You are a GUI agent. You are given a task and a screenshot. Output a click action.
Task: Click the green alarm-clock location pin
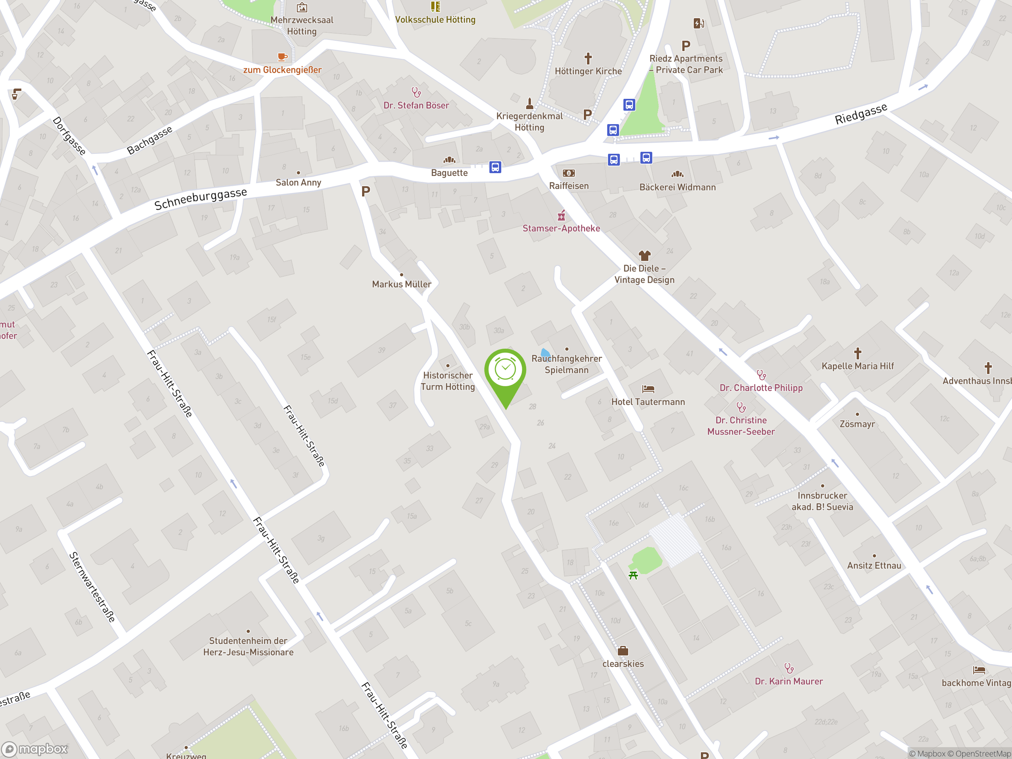tap(505, 370)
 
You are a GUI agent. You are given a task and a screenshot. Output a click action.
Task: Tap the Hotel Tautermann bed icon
tap(648, 389)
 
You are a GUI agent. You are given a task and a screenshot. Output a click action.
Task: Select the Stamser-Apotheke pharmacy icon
tap(561, 215)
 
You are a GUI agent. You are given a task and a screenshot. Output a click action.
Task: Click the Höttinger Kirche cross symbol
tap(588, 58)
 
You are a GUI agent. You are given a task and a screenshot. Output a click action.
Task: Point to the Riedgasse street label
tap(861, 114)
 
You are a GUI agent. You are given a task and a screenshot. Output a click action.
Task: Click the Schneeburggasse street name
tap(200, 198)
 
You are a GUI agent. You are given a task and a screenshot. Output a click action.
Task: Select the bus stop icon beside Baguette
tap(495, 167)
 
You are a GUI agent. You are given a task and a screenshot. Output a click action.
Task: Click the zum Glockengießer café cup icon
tap(282, 57)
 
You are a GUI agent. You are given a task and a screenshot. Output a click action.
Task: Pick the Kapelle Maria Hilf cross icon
tap(857, 353)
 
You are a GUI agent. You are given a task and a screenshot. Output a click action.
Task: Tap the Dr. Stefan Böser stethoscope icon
tap(416, 93)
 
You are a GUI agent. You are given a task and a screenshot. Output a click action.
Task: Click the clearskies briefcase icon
tap(623, 651)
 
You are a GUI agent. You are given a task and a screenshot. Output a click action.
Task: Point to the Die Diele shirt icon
tap(644, 255)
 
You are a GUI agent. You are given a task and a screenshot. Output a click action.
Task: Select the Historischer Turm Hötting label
tap(447, 381)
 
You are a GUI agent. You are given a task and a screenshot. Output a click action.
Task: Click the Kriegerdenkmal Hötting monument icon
tap(529, 103)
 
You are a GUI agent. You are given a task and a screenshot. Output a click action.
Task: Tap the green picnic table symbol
tap(633, 575)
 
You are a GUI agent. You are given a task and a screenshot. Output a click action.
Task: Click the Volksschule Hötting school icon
tap(435, 6)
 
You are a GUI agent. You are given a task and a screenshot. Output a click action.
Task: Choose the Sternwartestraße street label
tap(92, 587)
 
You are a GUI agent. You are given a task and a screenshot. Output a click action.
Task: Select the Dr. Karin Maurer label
tap(788, 681)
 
